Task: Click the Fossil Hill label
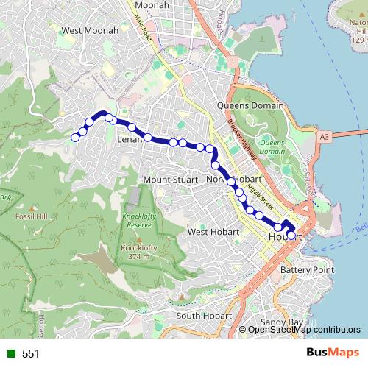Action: click(x=31, y=218)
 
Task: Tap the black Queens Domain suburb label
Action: click(x=250, y=106)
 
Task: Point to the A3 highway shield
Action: click(x=325, y=136)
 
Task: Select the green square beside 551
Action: click(x=10, y=354)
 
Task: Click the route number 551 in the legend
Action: click(x=30, y=354)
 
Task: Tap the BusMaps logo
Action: click(x=330, y=353)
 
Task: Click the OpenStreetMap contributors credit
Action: click(x=304, y=329)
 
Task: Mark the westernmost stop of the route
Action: click(x=74, y=137)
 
